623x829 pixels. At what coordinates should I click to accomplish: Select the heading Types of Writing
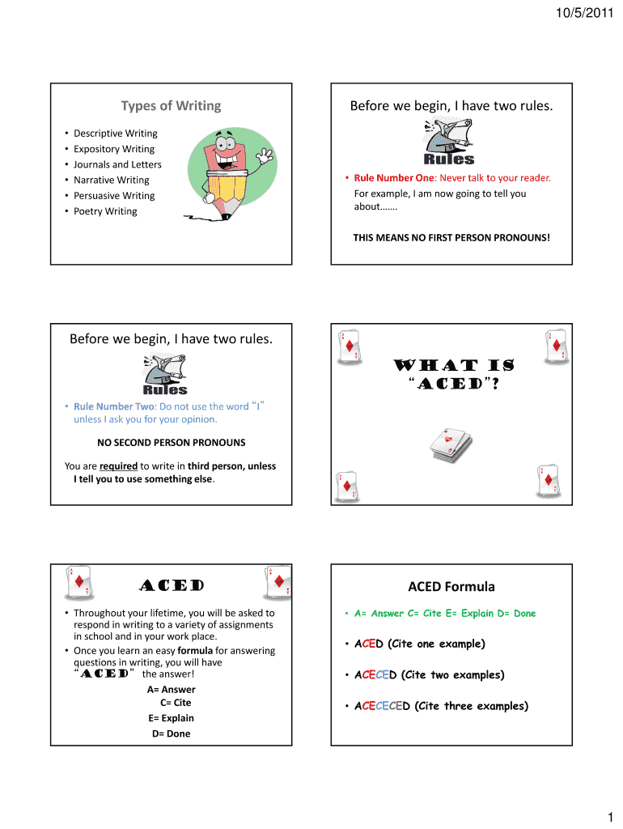click(x=171, y=106)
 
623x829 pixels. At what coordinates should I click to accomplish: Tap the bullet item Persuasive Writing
click(x=114, y=196)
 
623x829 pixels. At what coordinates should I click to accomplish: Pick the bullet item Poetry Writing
click(x=105, y=211)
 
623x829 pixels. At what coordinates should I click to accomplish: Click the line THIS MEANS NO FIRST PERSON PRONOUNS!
click(x=451, y=238)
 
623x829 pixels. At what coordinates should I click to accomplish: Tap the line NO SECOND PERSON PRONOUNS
click(x=171, y=443)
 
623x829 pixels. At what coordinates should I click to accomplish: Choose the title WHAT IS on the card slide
click(x=452, y=367)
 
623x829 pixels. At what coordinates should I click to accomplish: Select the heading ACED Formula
click(x=451, y=587)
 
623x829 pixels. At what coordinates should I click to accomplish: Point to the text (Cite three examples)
click(x=471, y=706)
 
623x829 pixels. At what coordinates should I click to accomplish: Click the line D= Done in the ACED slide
click(x=171, y=733)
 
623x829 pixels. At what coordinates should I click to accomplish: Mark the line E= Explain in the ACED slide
click(x=171, y=718)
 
